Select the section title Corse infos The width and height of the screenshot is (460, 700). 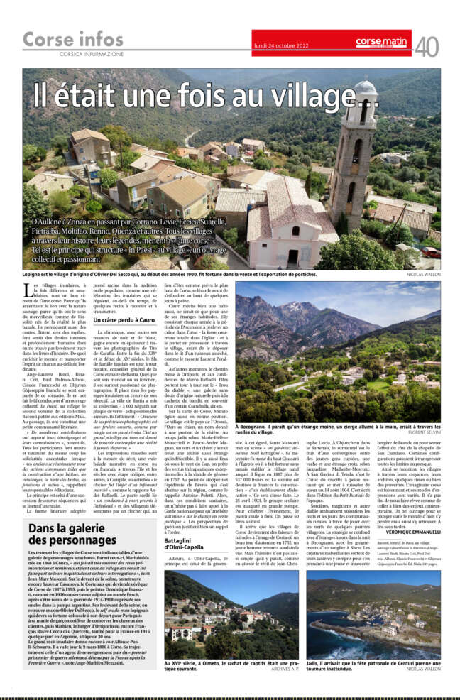pos(73,40)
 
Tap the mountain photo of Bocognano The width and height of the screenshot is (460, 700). pos(348,341)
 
